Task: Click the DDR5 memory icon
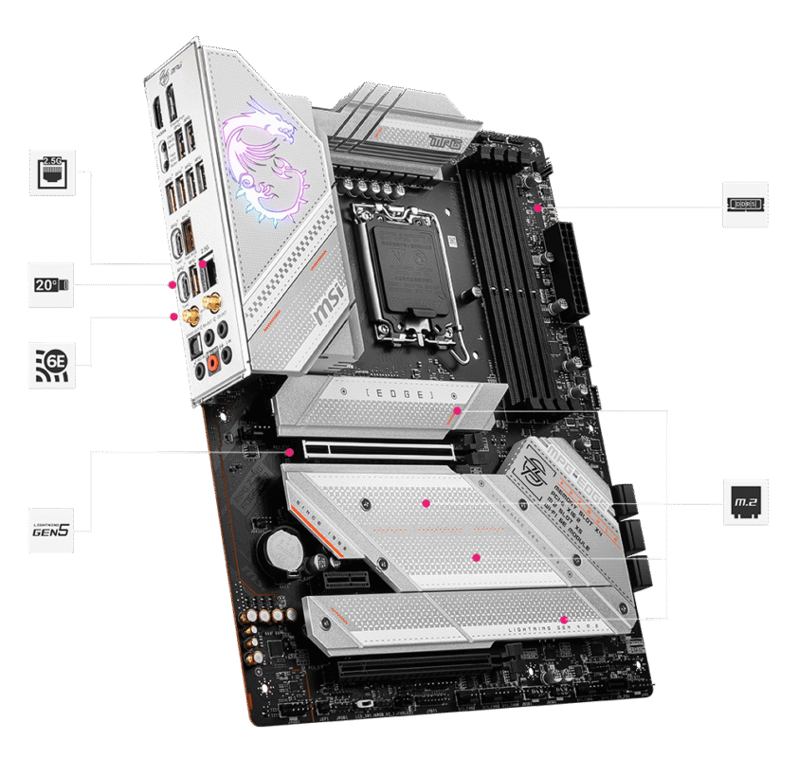click(x=745, y=204)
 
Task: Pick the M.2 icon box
click(x=745, y=502)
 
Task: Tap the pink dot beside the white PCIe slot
click(x=289, y=451)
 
